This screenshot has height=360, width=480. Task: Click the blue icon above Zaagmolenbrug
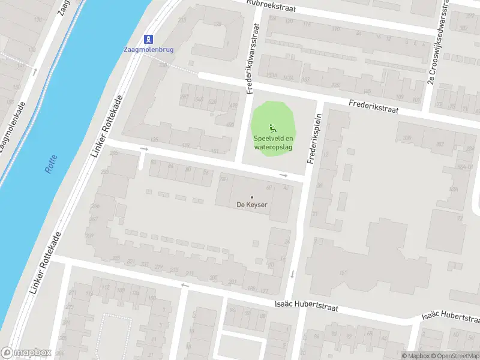(149, 38)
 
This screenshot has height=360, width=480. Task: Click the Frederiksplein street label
(314, 139)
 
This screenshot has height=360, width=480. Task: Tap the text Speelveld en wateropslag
(273, 143)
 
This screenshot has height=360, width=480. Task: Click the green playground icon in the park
(272, 127)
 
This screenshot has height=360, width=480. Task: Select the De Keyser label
(251, 205)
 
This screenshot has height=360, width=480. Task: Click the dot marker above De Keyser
(251, 197)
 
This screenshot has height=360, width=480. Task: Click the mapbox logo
(26, 353)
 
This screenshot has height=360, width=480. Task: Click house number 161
(343, 273)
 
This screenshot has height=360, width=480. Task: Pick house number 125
(155, 140)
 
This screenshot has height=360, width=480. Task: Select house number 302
(440, 144)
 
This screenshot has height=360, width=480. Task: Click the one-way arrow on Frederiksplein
(293, 274)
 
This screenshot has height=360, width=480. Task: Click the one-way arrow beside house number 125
(143, 149)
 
